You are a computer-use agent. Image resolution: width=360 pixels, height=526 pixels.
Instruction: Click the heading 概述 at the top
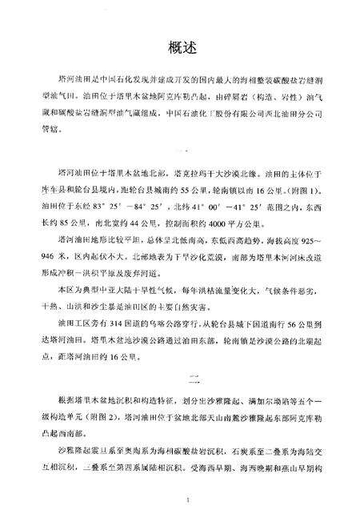click(x=179, y=46)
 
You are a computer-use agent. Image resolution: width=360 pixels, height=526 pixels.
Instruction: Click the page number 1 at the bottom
click(x=185, y=500)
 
